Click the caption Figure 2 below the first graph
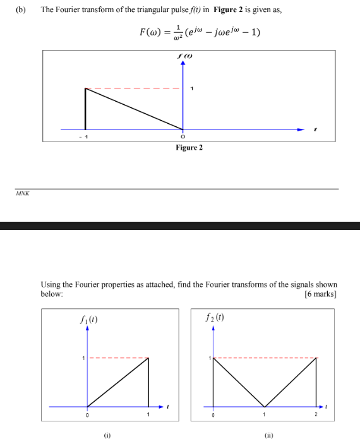[189, 147]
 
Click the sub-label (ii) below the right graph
[268, 435]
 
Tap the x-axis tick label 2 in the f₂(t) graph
[316, 415]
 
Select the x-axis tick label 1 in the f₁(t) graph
[148, 415]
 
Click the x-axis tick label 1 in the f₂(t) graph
[265, 415]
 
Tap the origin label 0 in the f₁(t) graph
[87, 415]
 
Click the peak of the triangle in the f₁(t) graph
[148, 358]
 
